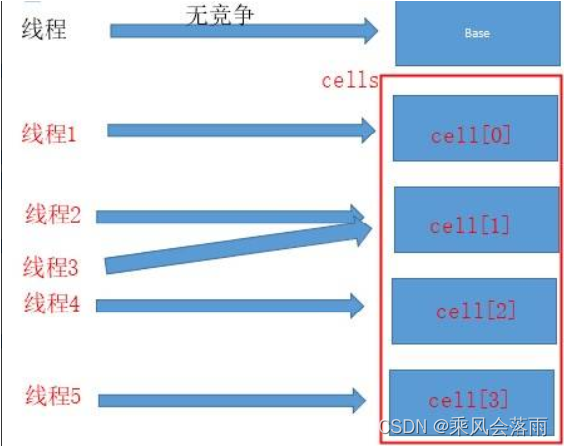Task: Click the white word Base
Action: [477, 33]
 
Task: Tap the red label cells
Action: [349, 80]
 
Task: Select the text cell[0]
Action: [470, 135]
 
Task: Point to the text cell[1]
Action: [469, 225]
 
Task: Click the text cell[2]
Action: [476, 311]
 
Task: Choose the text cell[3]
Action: [468, 400]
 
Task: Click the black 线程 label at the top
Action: [44, 29]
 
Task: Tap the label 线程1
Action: [48, 134]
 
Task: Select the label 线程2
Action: [52, 214]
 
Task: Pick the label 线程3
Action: [50, 267]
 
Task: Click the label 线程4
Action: [51, 303]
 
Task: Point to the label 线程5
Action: [52, 396]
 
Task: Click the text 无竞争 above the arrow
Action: [220, 16]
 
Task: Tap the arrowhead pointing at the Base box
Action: [371, 31]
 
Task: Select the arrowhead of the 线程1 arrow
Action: [368, 131]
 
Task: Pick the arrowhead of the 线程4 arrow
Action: [357, 306]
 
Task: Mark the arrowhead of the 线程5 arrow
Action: [360, 401]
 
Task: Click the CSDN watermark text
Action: [464, 426]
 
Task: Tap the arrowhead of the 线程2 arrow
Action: [357, 215]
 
